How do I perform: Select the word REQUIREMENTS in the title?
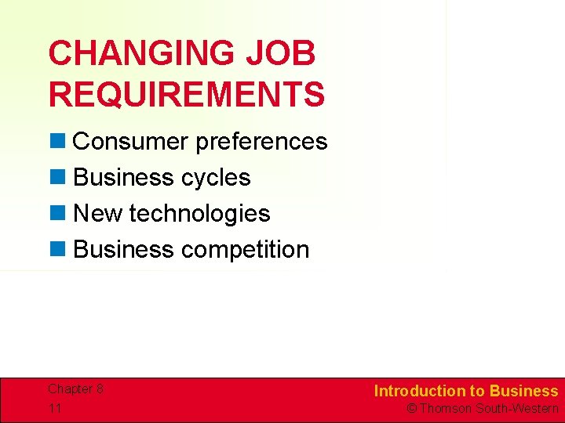[187, 94]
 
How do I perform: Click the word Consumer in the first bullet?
[130, 142]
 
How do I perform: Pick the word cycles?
[216, 179]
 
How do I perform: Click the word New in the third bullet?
[97, 214]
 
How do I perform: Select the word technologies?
[199, 214]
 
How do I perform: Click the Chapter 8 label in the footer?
[75, 389]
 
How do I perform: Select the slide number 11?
[54, 408]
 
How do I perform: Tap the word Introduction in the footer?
[420, 391]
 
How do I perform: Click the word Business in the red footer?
[523, 391]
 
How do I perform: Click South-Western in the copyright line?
[517, 409]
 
